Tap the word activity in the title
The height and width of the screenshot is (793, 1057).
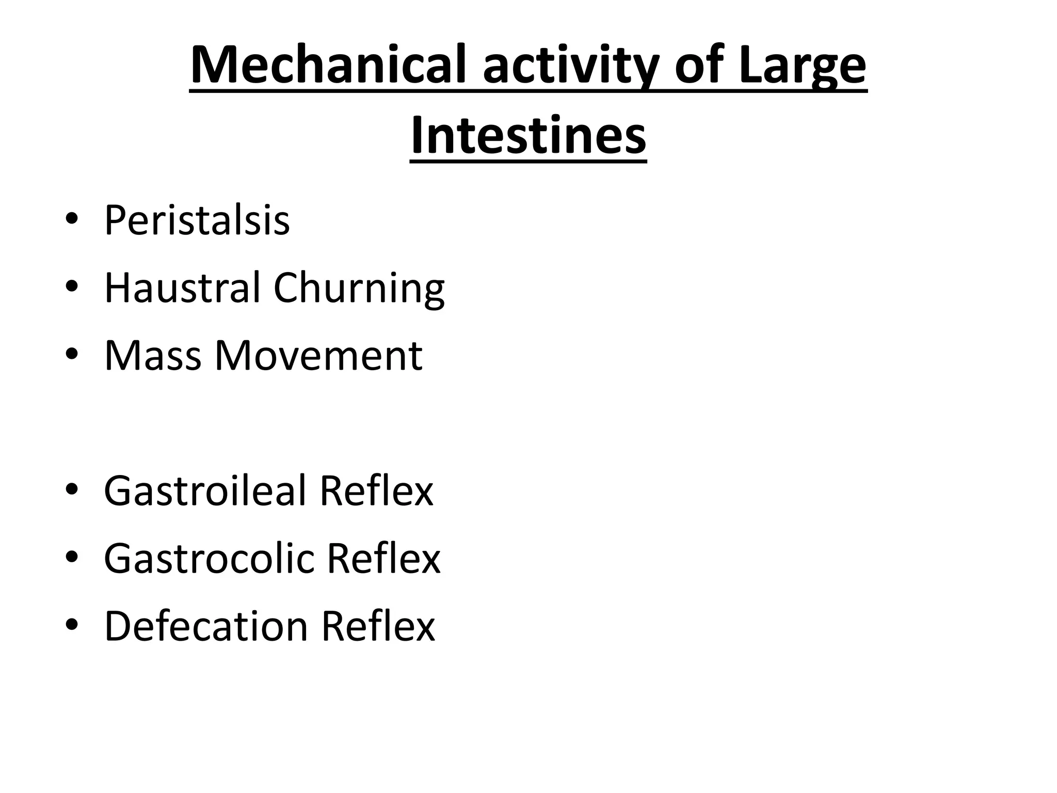[x=570, y=66]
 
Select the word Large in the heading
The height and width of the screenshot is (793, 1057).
[x=802, y=66]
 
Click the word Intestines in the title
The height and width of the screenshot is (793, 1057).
[x=528, y=136]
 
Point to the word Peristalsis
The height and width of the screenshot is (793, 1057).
[x=197, y=220]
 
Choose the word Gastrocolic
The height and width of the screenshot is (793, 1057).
[x=209, y=558]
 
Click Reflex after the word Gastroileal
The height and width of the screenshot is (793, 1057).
[x=376, y=490]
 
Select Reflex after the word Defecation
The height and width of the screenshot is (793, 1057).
[x=378, y=626]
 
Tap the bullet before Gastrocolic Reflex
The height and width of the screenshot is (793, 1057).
[x=72, y=557]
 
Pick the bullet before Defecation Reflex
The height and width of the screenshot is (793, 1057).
[x=72, y=624]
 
